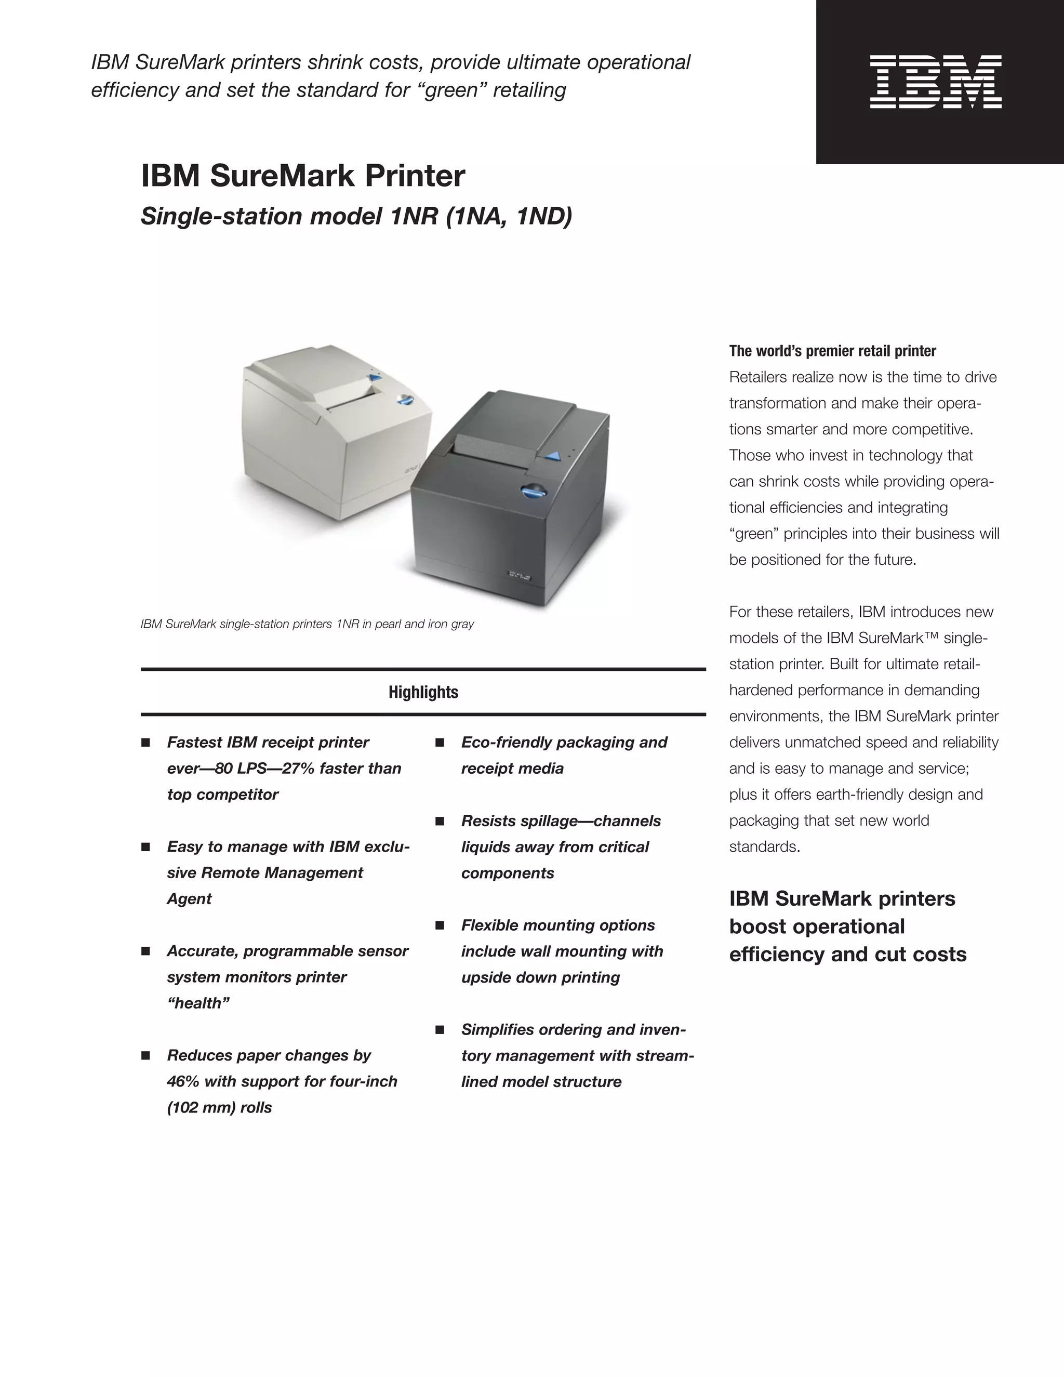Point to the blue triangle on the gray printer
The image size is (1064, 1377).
[553, 456]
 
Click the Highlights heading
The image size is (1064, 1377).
[423, 692]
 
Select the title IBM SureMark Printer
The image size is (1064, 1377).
[302, 176]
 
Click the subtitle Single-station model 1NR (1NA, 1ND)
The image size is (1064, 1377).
[356, 216]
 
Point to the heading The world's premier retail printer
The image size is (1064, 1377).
[832, 351]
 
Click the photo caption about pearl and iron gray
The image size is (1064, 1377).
[307, 624]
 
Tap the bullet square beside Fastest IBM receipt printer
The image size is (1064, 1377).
[145, 743]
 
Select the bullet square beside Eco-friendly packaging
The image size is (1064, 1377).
[440, 743]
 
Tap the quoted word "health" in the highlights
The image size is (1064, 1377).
[198, 1003]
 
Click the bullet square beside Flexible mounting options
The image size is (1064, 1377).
[440, 925]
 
